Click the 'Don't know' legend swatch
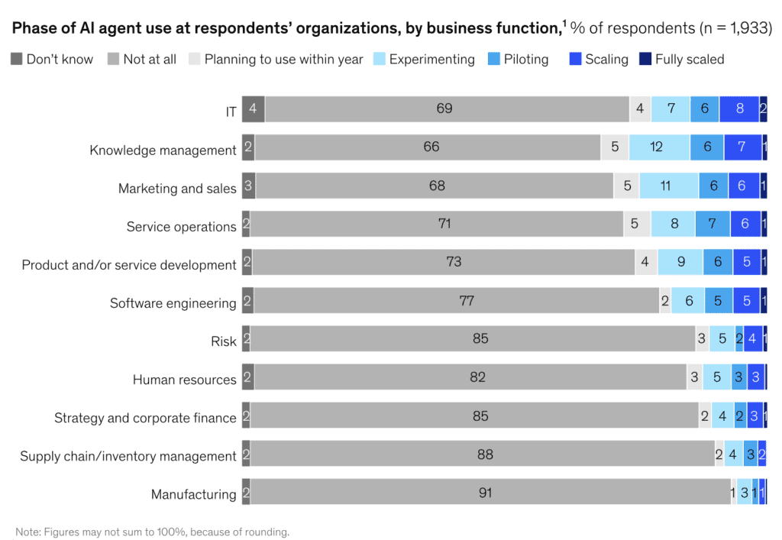[17, 60]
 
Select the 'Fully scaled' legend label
[689, 60]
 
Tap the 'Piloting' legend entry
[525, 60]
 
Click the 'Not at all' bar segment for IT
[447, 109]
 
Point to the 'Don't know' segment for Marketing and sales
[248, 186]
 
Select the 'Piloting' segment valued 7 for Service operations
[713, 224]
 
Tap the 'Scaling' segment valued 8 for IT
[738, 109]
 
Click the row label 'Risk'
[224, 341]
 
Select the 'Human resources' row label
[184, 380]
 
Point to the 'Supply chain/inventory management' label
[128, 456]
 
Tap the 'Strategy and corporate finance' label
[145, 418]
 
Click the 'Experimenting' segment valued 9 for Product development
[680, 262]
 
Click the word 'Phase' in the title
[34, 29]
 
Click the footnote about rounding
[153, 532]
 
